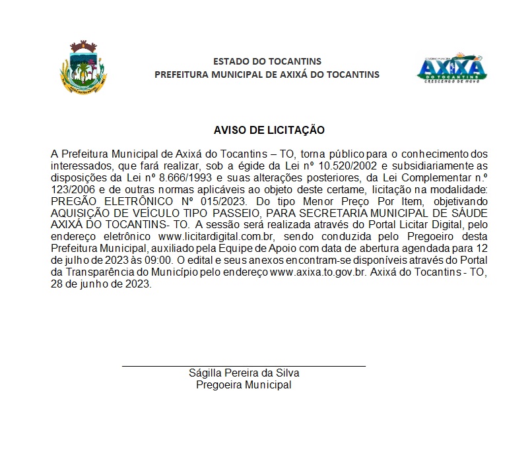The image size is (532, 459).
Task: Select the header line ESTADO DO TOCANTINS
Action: (267, 61)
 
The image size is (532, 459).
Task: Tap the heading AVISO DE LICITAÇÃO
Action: (269, 131)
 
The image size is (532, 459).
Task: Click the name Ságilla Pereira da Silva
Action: (244, 373)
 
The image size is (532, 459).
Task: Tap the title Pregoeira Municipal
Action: (244, 384)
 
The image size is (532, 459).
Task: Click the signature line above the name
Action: (244, 365)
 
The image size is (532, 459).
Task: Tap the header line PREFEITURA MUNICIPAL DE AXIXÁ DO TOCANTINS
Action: (267, 75)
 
